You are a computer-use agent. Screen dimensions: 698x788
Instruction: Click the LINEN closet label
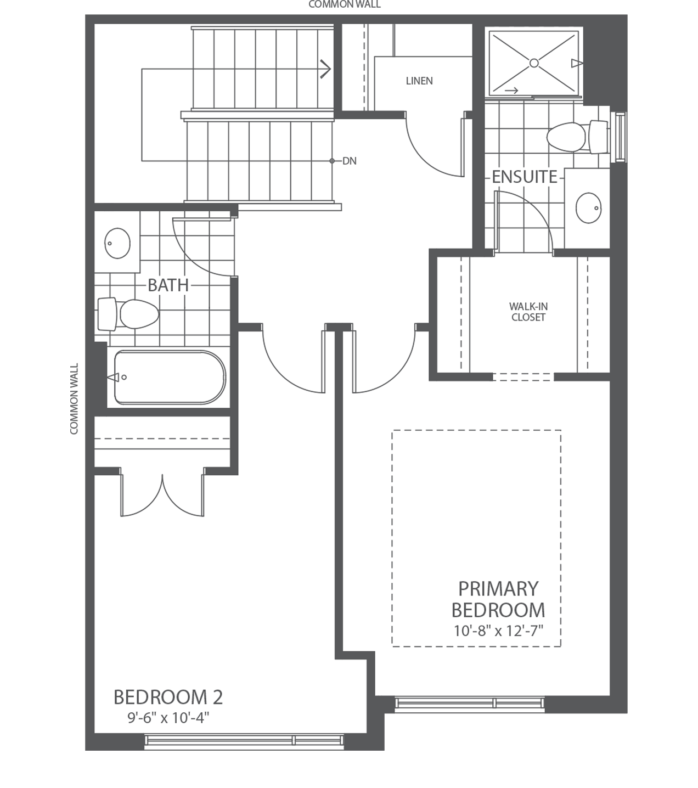coord(419,81)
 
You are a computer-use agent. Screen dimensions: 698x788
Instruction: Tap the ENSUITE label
coord(525,177)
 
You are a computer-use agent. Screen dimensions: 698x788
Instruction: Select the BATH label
coord(168,285)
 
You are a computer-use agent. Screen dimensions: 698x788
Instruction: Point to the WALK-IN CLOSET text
coord(528,312)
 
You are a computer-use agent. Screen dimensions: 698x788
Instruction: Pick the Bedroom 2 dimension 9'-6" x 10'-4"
coord(168,718)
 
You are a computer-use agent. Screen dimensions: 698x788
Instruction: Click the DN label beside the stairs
coord(350,161)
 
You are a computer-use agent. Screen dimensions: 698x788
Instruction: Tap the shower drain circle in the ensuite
coord(534,63)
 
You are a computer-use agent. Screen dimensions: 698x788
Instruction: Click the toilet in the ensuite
coord(577,137)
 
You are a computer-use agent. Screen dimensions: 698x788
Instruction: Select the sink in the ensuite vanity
coord(589,208)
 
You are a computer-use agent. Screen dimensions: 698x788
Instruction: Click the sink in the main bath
coord(117,243)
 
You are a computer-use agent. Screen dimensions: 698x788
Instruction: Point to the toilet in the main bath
coord(128,314)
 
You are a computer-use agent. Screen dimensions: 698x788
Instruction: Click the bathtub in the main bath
coord(170,378)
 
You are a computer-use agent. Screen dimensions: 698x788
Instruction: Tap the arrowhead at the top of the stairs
coord(325,69)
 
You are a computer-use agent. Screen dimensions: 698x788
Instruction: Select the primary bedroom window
coord(470,703)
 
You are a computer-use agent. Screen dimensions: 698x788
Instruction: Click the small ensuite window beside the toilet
coord(619,137)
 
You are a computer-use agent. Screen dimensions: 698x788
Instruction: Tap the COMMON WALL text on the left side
coord(74,399)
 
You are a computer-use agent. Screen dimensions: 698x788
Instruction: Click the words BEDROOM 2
coord(168,697)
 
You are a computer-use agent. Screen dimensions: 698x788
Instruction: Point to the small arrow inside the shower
coord(511,91)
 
